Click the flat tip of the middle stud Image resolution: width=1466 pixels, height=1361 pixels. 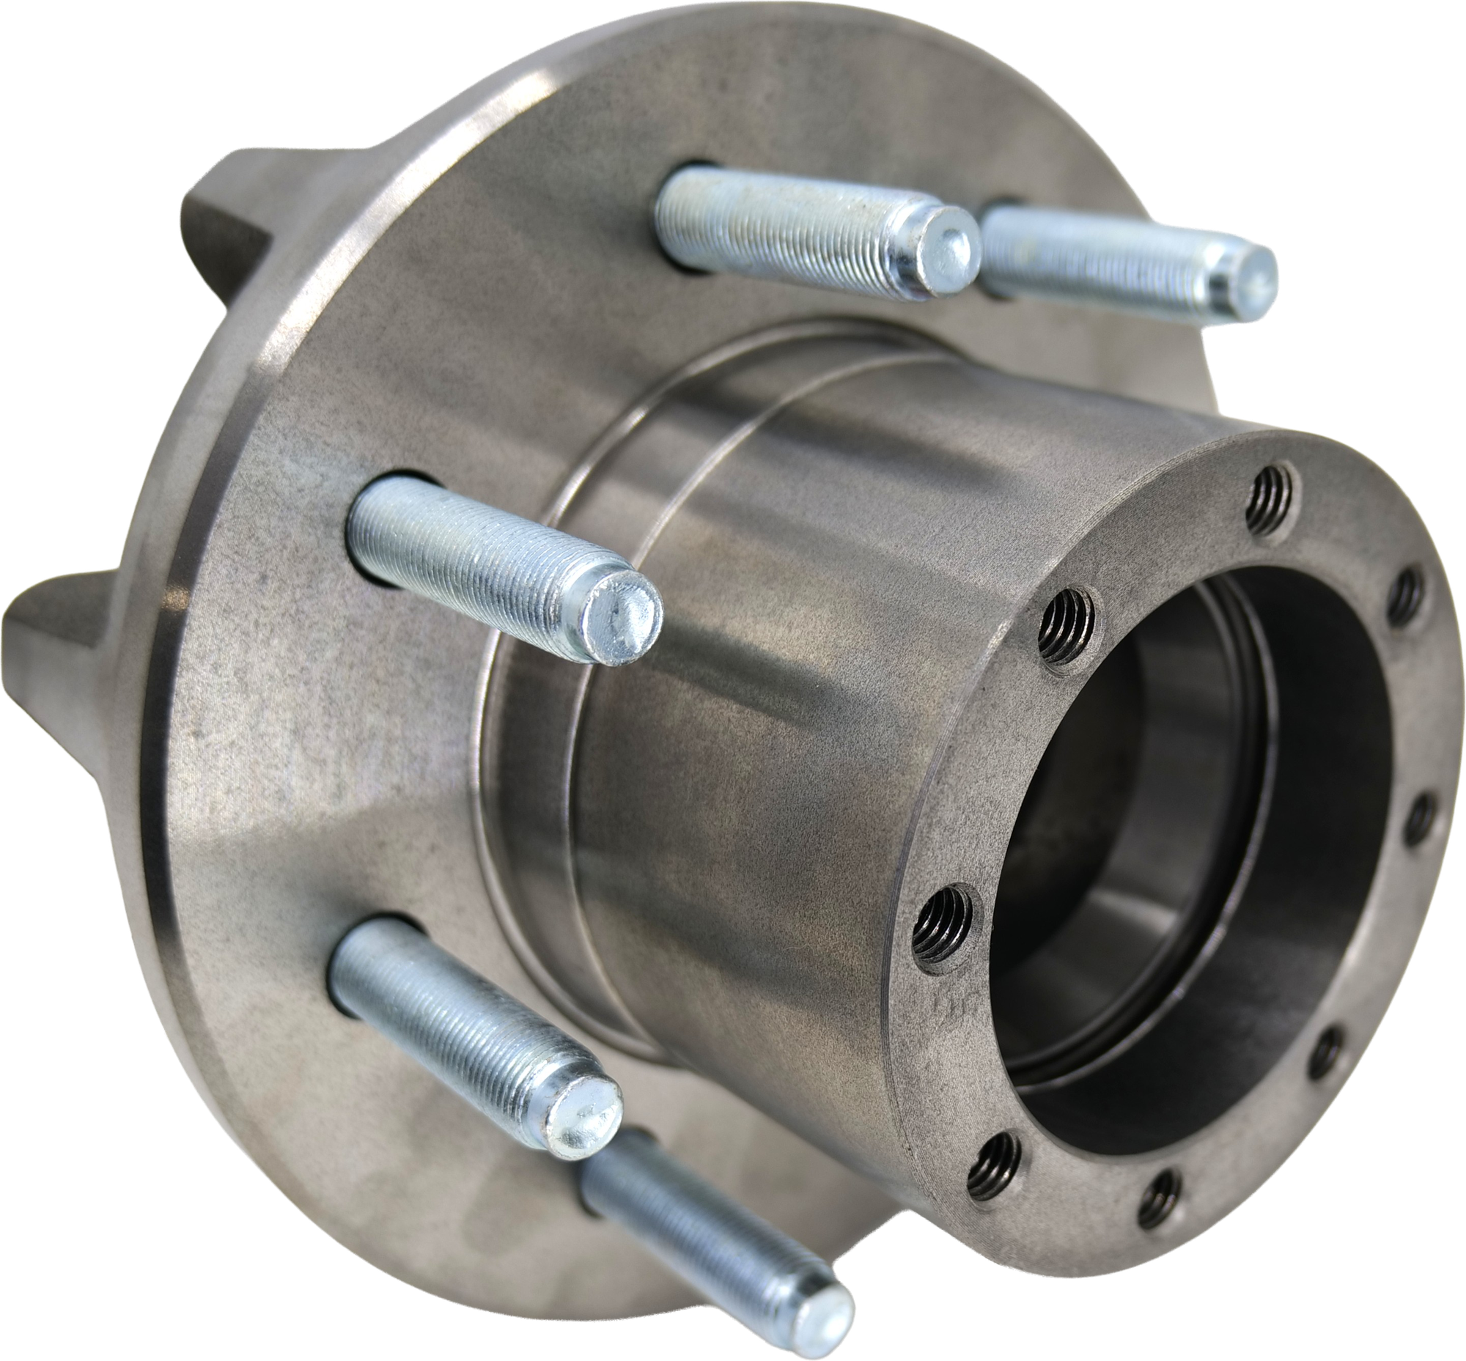click(619, 619)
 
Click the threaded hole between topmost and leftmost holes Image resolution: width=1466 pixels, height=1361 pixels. click(1068, 622)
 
